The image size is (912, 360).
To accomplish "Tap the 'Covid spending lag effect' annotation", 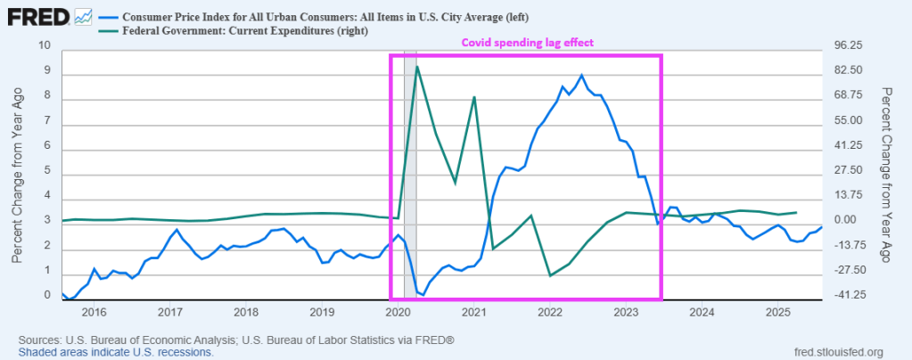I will (x=526, y=42).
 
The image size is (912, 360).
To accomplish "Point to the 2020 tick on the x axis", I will (x=398, y=312).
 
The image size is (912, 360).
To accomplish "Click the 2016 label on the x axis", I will (x=94, y=312).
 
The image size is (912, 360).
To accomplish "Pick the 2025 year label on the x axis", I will (x=778, y=312).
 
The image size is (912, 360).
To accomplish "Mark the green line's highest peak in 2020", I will (x=417, y=66).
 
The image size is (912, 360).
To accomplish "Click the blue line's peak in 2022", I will (x=581, y=75).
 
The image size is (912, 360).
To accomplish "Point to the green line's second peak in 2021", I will (x=474, y=97).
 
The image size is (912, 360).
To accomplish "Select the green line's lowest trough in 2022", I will (x=550, y=275).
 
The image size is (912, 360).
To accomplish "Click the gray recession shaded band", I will (x=410, y=178).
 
